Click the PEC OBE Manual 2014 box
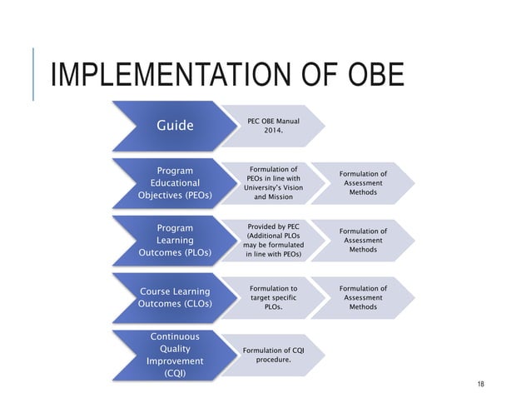coord(274,127)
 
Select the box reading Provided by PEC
coord(274,240)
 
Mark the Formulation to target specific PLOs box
coord(274,297)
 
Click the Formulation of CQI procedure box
coord(272,355)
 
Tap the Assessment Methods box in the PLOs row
coord(363,240)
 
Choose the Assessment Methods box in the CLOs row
coord(363,297)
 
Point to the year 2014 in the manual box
coord(273,132)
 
